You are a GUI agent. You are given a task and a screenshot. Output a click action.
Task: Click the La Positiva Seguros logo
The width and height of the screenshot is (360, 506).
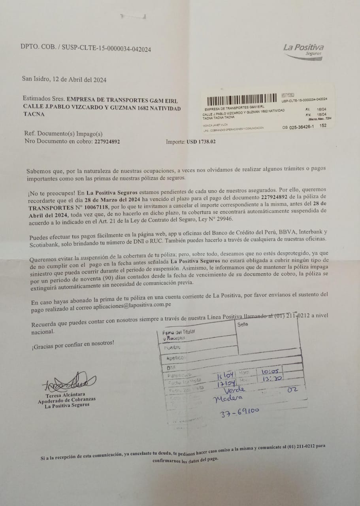(303, 49)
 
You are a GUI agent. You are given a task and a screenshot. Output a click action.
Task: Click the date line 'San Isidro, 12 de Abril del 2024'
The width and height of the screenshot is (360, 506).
(64, 79)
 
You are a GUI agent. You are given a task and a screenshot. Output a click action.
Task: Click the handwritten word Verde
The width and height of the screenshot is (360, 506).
(234, 390)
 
